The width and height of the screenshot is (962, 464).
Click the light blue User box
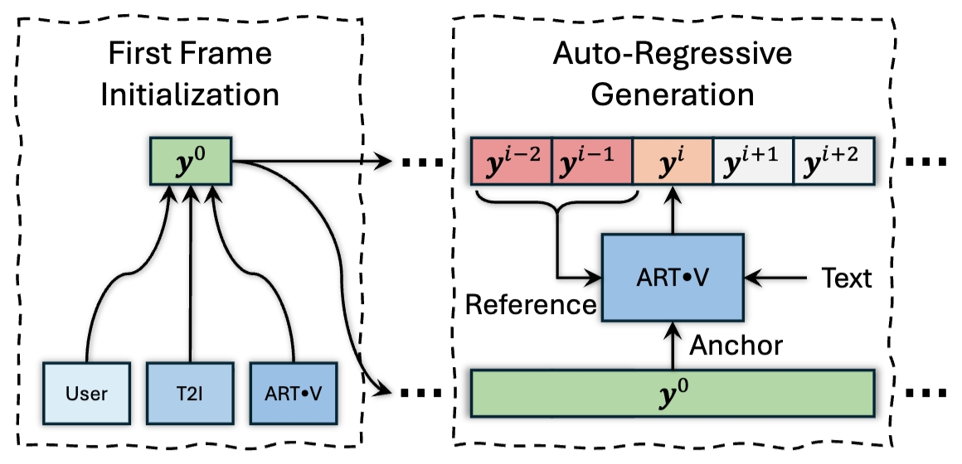coord(87,393)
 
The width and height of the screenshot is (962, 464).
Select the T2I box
coord(190,393)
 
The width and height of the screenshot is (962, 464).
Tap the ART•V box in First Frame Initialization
coord(294,393)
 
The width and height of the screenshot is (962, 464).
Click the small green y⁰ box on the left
coord(191,162)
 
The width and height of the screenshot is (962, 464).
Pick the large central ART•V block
coord(672,277)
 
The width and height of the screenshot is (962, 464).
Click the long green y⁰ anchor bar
coord(672,393)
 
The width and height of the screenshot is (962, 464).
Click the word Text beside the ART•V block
coord(846,278)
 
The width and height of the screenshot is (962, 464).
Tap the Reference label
coord(531,304)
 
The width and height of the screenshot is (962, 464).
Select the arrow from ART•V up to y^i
coord(672,210)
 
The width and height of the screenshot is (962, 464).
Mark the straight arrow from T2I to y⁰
coord(191,273)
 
